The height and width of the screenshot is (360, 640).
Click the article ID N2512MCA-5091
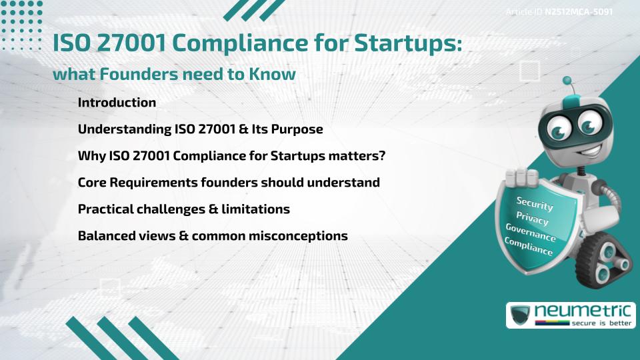coord(578,12)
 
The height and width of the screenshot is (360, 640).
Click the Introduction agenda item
coord(117,103)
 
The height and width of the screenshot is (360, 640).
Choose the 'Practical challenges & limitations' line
coord(183,209)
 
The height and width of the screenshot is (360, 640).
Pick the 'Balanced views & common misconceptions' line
coord(213,235)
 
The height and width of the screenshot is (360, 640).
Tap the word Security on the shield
coord(534,203)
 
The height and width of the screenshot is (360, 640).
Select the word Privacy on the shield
coord(532,219)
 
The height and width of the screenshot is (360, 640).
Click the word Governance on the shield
coord(531,233)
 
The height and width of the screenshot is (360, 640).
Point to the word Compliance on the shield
coord(529,247)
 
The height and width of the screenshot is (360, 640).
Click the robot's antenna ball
coord(568,81)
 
